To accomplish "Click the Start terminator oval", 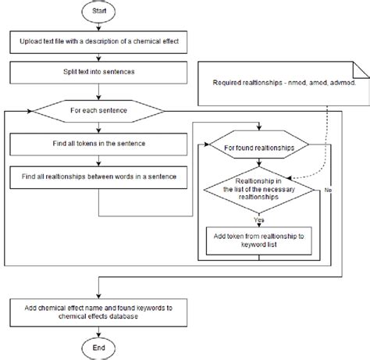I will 99,14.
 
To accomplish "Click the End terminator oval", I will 99,345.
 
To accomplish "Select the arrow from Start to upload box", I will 99,28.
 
